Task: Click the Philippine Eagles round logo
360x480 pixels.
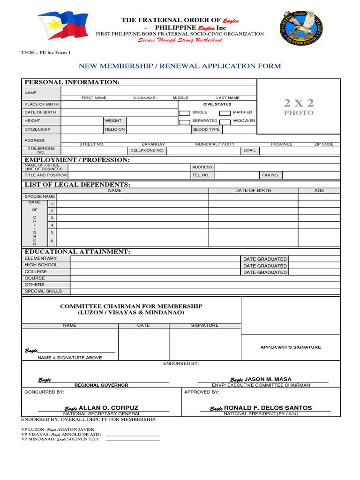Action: pos(303,28)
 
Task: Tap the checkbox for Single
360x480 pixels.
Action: pos(184,113)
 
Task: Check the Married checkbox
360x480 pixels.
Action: pos(225,113)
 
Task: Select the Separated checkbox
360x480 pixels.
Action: pos(184,121)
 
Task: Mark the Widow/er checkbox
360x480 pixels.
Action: pos(225,121)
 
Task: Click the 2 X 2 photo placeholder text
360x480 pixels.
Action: pos(299,106)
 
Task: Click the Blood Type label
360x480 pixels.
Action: pos(206,129)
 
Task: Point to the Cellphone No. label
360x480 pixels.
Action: pos(147,150)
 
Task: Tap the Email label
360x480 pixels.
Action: pos(249,150)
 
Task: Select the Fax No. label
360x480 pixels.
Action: pos(270,175)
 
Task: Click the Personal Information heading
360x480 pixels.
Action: pos(72,82)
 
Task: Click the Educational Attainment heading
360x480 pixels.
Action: pos(77,252)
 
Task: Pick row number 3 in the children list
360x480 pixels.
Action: pos(52,218)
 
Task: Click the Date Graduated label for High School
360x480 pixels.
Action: pos(264,266)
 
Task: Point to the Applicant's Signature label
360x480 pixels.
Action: pos(291,347)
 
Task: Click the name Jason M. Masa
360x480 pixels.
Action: pos(268,379)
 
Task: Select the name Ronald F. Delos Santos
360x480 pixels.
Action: pos(268,408)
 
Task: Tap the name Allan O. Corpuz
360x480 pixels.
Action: pos(108,408)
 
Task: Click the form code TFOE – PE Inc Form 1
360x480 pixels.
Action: pos(46,53)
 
